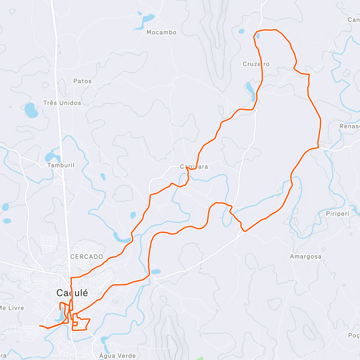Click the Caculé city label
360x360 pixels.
[x=72, y=293]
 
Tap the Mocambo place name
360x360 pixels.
[x=161, y=32]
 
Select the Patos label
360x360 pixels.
[x=82, y=81]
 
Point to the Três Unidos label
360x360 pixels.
[x=62, y=103]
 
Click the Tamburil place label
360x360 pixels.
[x=61, y=165]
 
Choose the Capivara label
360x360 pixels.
[x=194, y=166]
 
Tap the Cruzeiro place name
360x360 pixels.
[x=256, y=64]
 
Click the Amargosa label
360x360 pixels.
[x=306, y=256]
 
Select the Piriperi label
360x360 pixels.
[x=337, y=214]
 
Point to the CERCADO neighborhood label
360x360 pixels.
[x=87, y=257]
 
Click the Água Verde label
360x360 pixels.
[x=118, y=356]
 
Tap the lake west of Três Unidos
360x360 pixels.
[x=31, y=110]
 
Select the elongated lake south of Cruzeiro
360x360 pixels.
[x=250, y=91]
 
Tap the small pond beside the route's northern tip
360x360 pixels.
[x=257, y=36]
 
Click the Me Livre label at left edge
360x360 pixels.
[x=12, y=308]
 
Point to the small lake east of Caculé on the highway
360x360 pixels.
[x=156, y=272]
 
